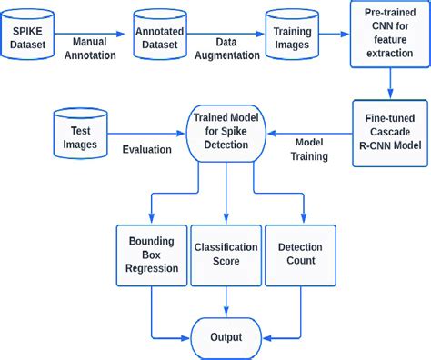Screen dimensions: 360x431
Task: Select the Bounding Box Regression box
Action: pos(151,254)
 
